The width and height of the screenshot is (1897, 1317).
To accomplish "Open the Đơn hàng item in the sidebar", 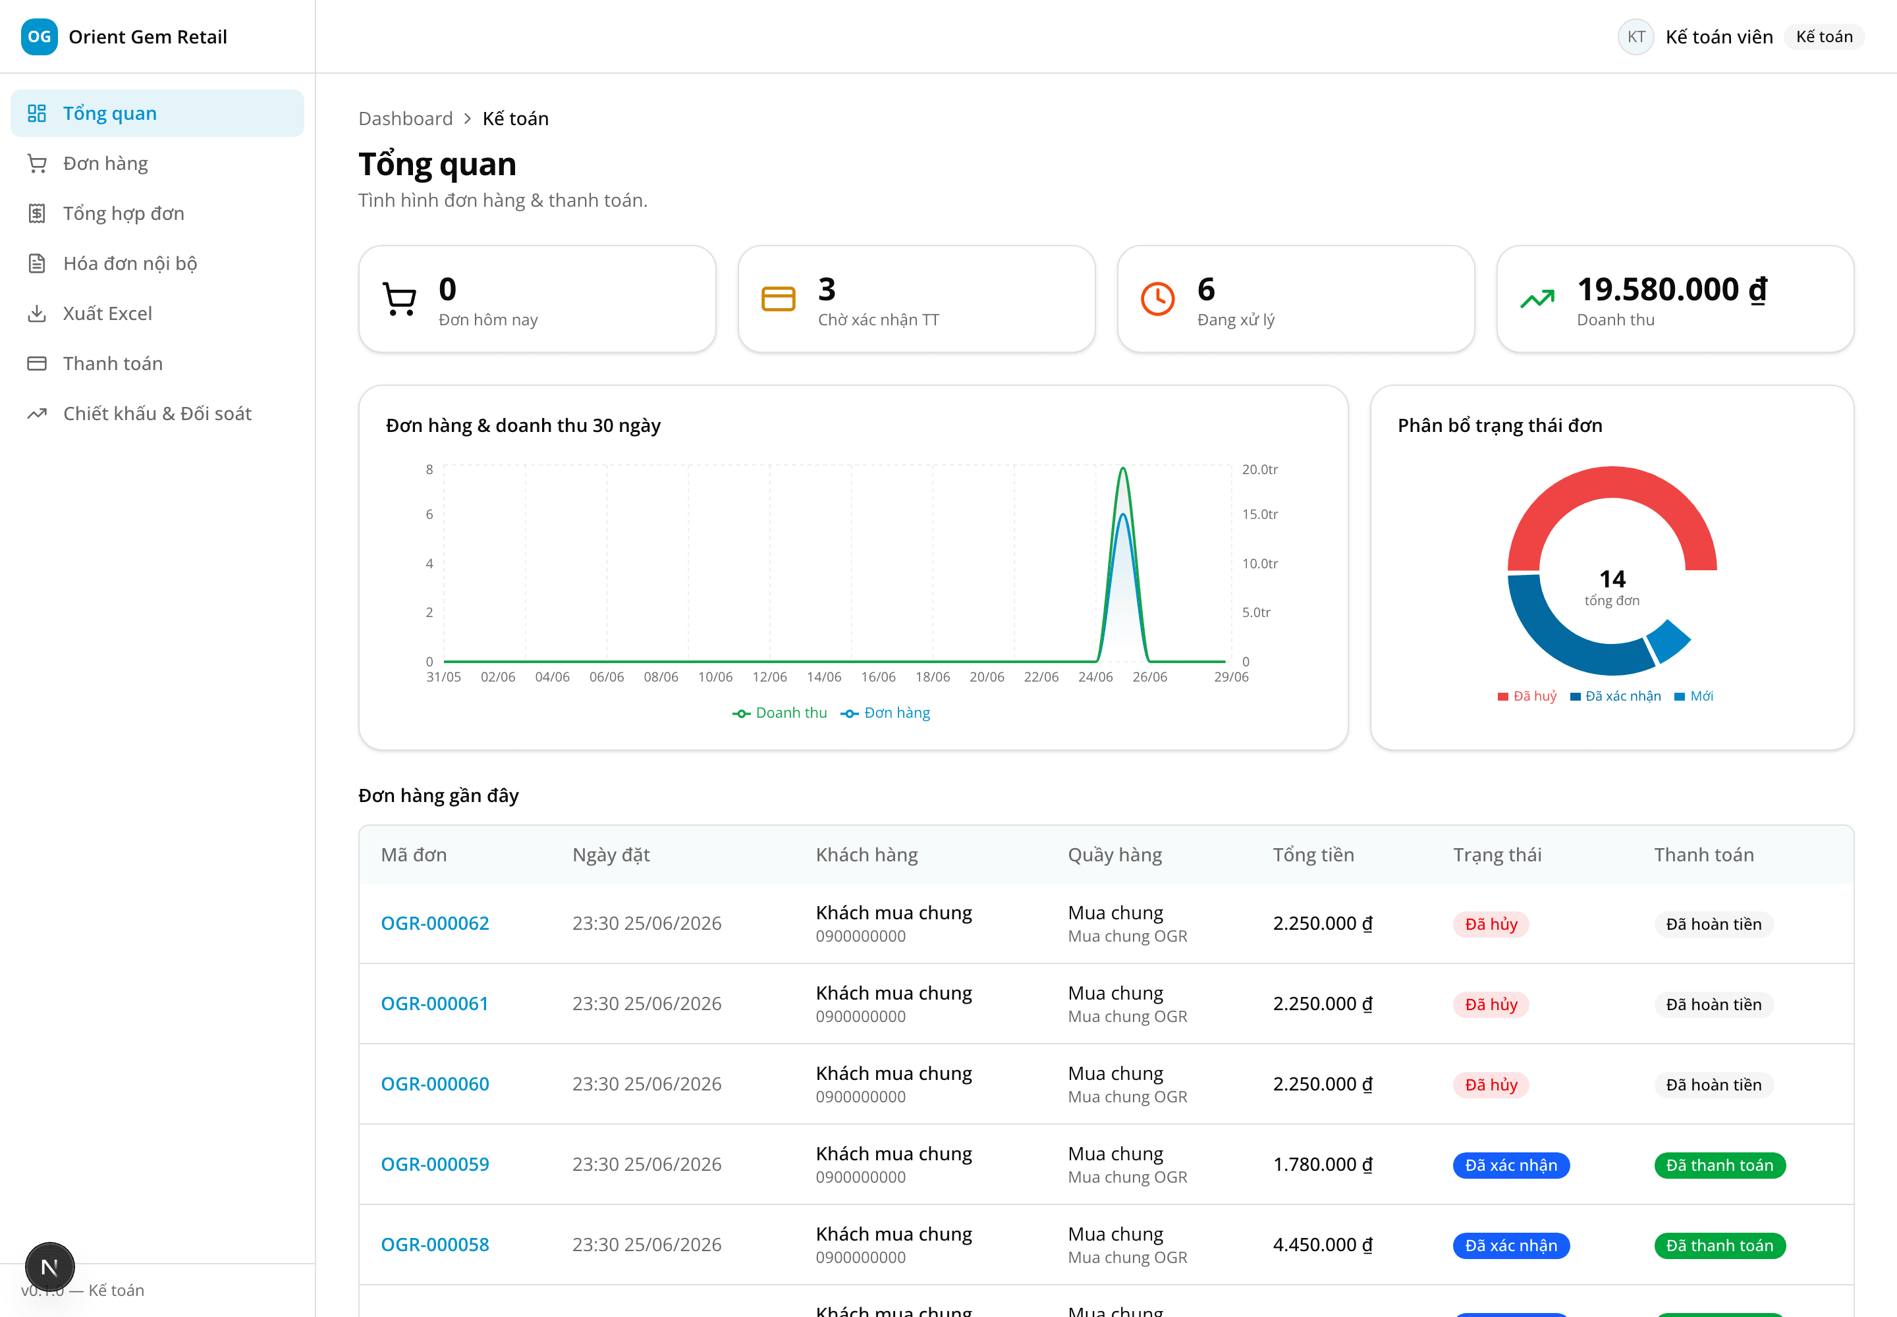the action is click(105, 163).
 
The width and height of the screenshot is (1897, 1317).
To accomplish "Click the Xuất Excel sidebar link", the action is click(107, 313).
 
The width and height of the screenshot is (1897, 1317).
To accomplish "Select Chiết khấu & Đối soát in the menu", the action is click(157, 414).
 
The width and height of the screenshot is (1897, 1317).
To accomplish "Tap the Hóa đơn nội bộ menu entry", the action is click(130, 263).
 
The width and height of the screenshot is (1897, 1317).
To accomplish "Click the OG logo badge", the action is click(39, 36).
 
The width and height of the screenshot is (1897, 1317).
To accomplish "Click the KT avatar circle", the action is click(1636, 36).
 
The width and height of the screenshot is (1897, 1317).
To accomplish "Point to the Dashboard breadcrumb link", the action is click(405, 119).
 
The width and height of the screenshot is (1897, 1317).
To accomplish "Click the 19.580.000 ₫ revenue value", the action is click(1672, 290).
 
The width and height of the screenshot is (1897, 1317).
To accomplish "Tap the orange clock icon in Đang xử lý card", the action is click(1157, 299).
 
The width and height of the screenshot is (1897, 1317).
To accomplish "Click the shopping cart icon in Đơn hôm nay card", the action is click(400, 299).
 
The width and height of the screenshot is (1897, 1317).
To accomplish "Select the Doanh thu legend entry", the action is click(779, 713).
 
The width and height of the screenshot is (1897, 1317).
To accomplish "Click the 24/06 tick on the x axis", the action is click(1095, 678).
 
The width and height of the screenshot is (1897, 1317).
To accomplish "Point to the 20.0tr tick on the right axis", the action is click(1259, 470).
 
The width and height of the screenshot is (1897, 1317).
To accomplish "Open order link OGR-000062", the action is click(435, 923).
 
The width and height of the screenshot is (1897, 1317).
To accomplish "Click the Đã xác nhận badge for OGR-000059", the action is click(1510, 1165).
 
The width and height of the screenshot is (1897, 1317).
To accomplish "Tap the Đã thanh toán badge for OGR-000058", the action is click(1720, 1245).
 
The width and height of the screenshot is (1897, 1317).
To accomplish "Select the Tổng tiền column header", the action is click(1313, 855).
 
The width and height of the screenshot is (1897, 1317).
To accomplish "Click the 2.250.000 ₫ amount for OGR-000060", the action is click(1323, 1085).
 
